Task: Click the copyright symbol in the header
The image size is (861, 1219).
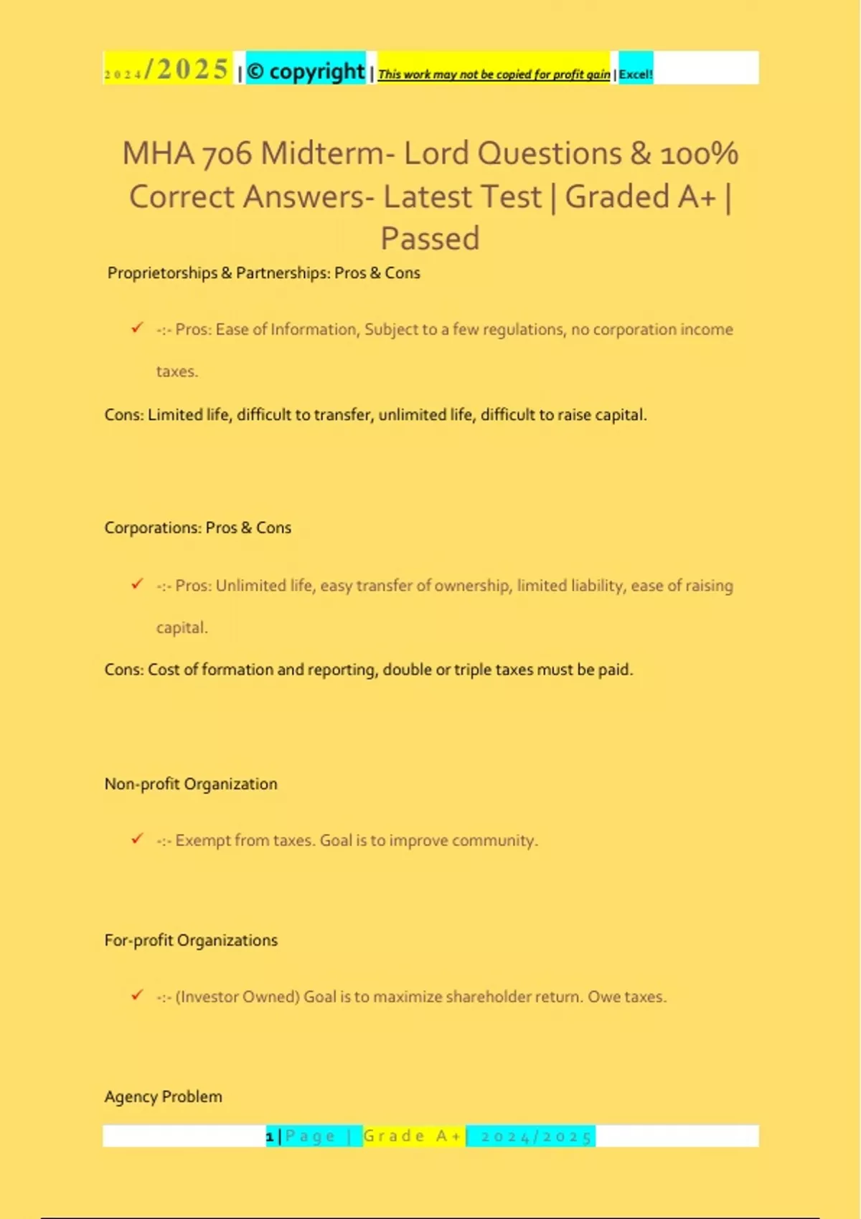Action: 255,72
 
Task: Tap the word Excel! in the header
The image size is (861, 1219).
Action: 636,74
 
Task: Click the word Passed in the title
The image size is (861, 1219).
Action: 430,239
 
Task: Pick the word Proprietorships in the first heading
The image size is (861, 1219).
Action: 162,273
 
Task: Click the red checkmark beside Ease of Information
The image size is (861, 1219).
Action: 137,328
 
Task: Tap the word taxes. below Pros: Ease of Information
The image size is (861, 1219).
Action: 177,371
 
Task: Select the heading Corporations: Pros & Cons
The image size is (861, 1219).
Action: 197,528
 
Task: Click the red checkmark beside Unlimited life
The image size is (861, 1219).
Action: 137,584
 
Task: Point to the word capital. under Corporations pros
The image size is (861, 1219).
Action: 182,627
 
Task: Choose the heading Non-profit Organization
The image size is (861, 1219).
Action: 190,784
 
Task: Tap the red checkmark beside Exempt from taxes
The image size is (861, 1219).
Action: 137,838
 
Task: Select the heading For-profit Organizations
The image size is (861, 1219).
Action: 190,940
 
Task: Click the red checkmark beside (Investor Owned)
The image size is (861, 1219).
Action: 137,995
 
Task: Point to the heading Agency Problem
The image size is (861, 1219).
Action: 163,1096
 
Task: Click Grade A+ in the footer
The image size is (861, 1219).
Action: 413,1136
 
